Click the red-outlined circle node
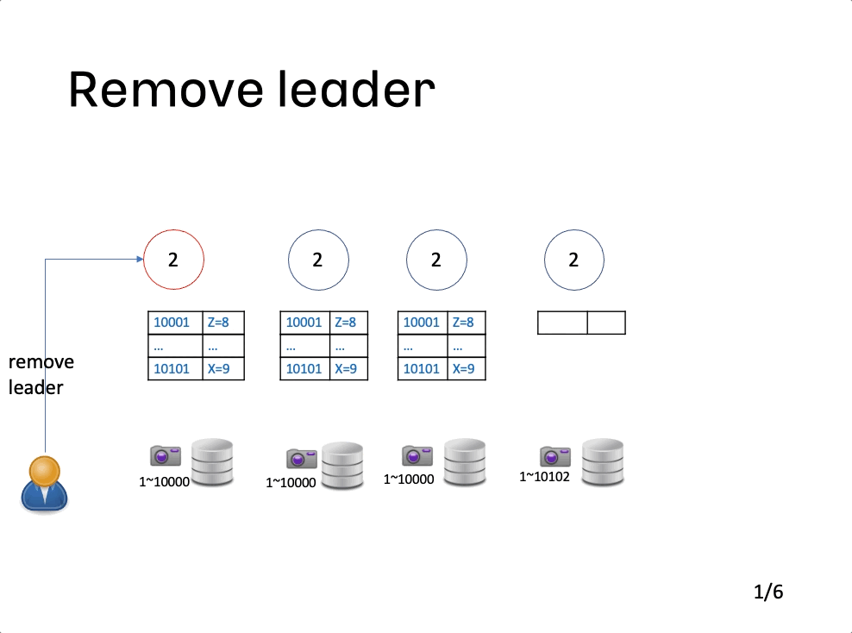coord(144,260)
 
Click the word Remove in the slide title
coord(166,90)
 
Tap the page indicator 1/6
coord(768,592)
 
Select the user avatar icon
coord(45,484)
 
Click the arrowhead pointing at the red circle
coord(141,260)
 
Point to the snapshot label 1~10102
coord(544,477)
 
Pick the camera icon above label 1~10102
coord(555,456)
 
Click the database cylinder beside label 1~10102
coord(603,462)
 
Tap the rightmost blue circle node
coord(545,260)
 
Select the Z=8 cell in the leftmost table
coord(223,323)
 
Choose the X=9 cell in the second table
coord(349,369)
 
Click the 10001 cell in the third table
coord(423,323)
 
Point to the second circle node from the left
coord(289,260)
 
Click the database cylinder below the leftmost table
coord(212,462)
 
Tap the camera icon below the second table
coord(302,459)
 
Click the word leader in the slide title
coord(356,89)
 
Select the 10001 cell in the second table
coord(304,323)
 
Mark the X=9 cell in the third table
coord(467,369)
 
